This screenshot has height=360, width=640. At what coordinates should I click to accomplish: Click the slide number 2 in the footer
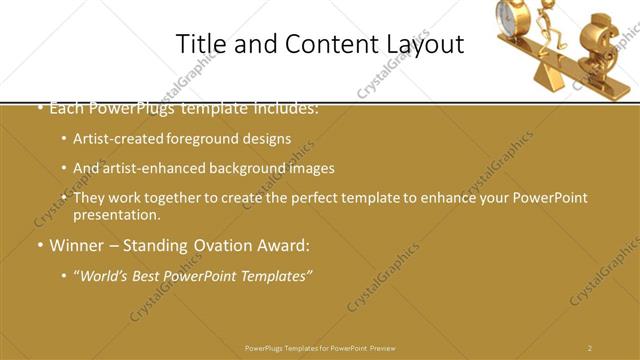(x=590, y=348)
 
